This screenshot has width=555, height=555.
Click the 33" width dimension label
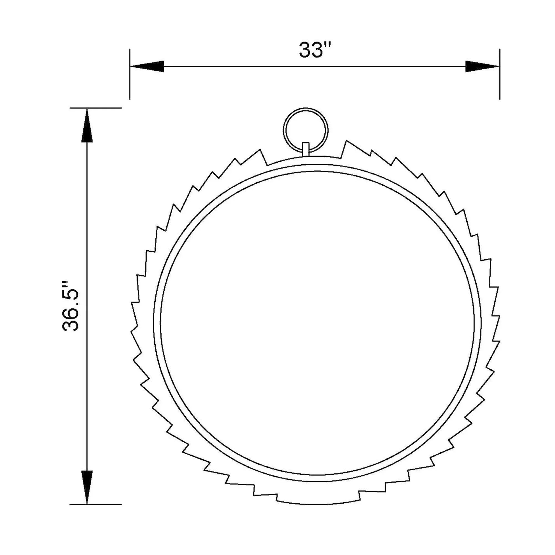pyautogui.click(x=315, y=50)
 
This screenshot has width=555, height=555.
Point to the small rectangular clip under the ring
pyautogui.click(x=306, y=149)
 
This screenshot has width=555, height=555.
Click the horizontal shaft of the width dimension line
pyautogui.click(x=315, y=66)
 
